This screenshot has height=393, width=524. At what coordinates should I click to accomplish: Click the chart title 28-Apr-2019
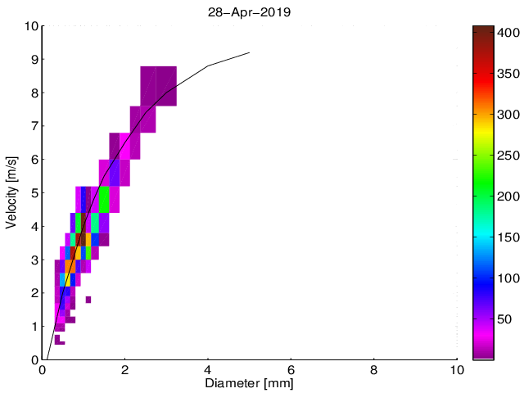250,13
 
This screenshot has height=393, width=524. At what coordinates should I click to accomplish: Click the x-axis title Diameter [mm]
250,382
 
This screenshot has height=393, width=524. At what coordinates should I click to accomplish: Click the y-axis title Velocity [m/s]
11,192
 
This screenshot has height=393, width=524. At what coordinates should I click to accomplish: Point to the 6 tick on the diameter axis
291,369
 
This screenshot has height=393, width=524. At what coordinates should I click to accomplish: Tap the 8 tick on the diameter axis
374,369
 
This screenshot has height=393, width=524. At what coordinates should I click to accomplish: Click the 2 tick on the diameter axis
125,369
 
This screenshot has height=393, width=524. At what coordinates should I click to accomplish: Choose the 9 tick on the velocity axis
34,60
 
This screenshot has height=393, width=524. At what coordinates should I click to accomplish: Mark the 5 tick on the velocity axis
34,193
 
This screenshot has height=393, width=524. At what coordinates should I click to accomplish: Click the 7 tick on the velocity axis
34,126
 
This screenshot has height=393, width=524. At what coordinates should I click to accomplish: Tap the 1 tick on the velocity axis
34,327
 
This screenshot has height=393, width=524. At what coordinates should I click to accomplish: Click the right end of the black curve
249,52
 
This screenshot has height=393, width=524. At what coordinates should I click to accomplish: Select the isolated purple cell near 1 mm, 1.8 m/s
88,300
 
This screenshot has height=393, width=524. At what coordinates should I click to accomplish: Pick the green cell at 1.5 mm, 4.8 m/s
104,200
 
